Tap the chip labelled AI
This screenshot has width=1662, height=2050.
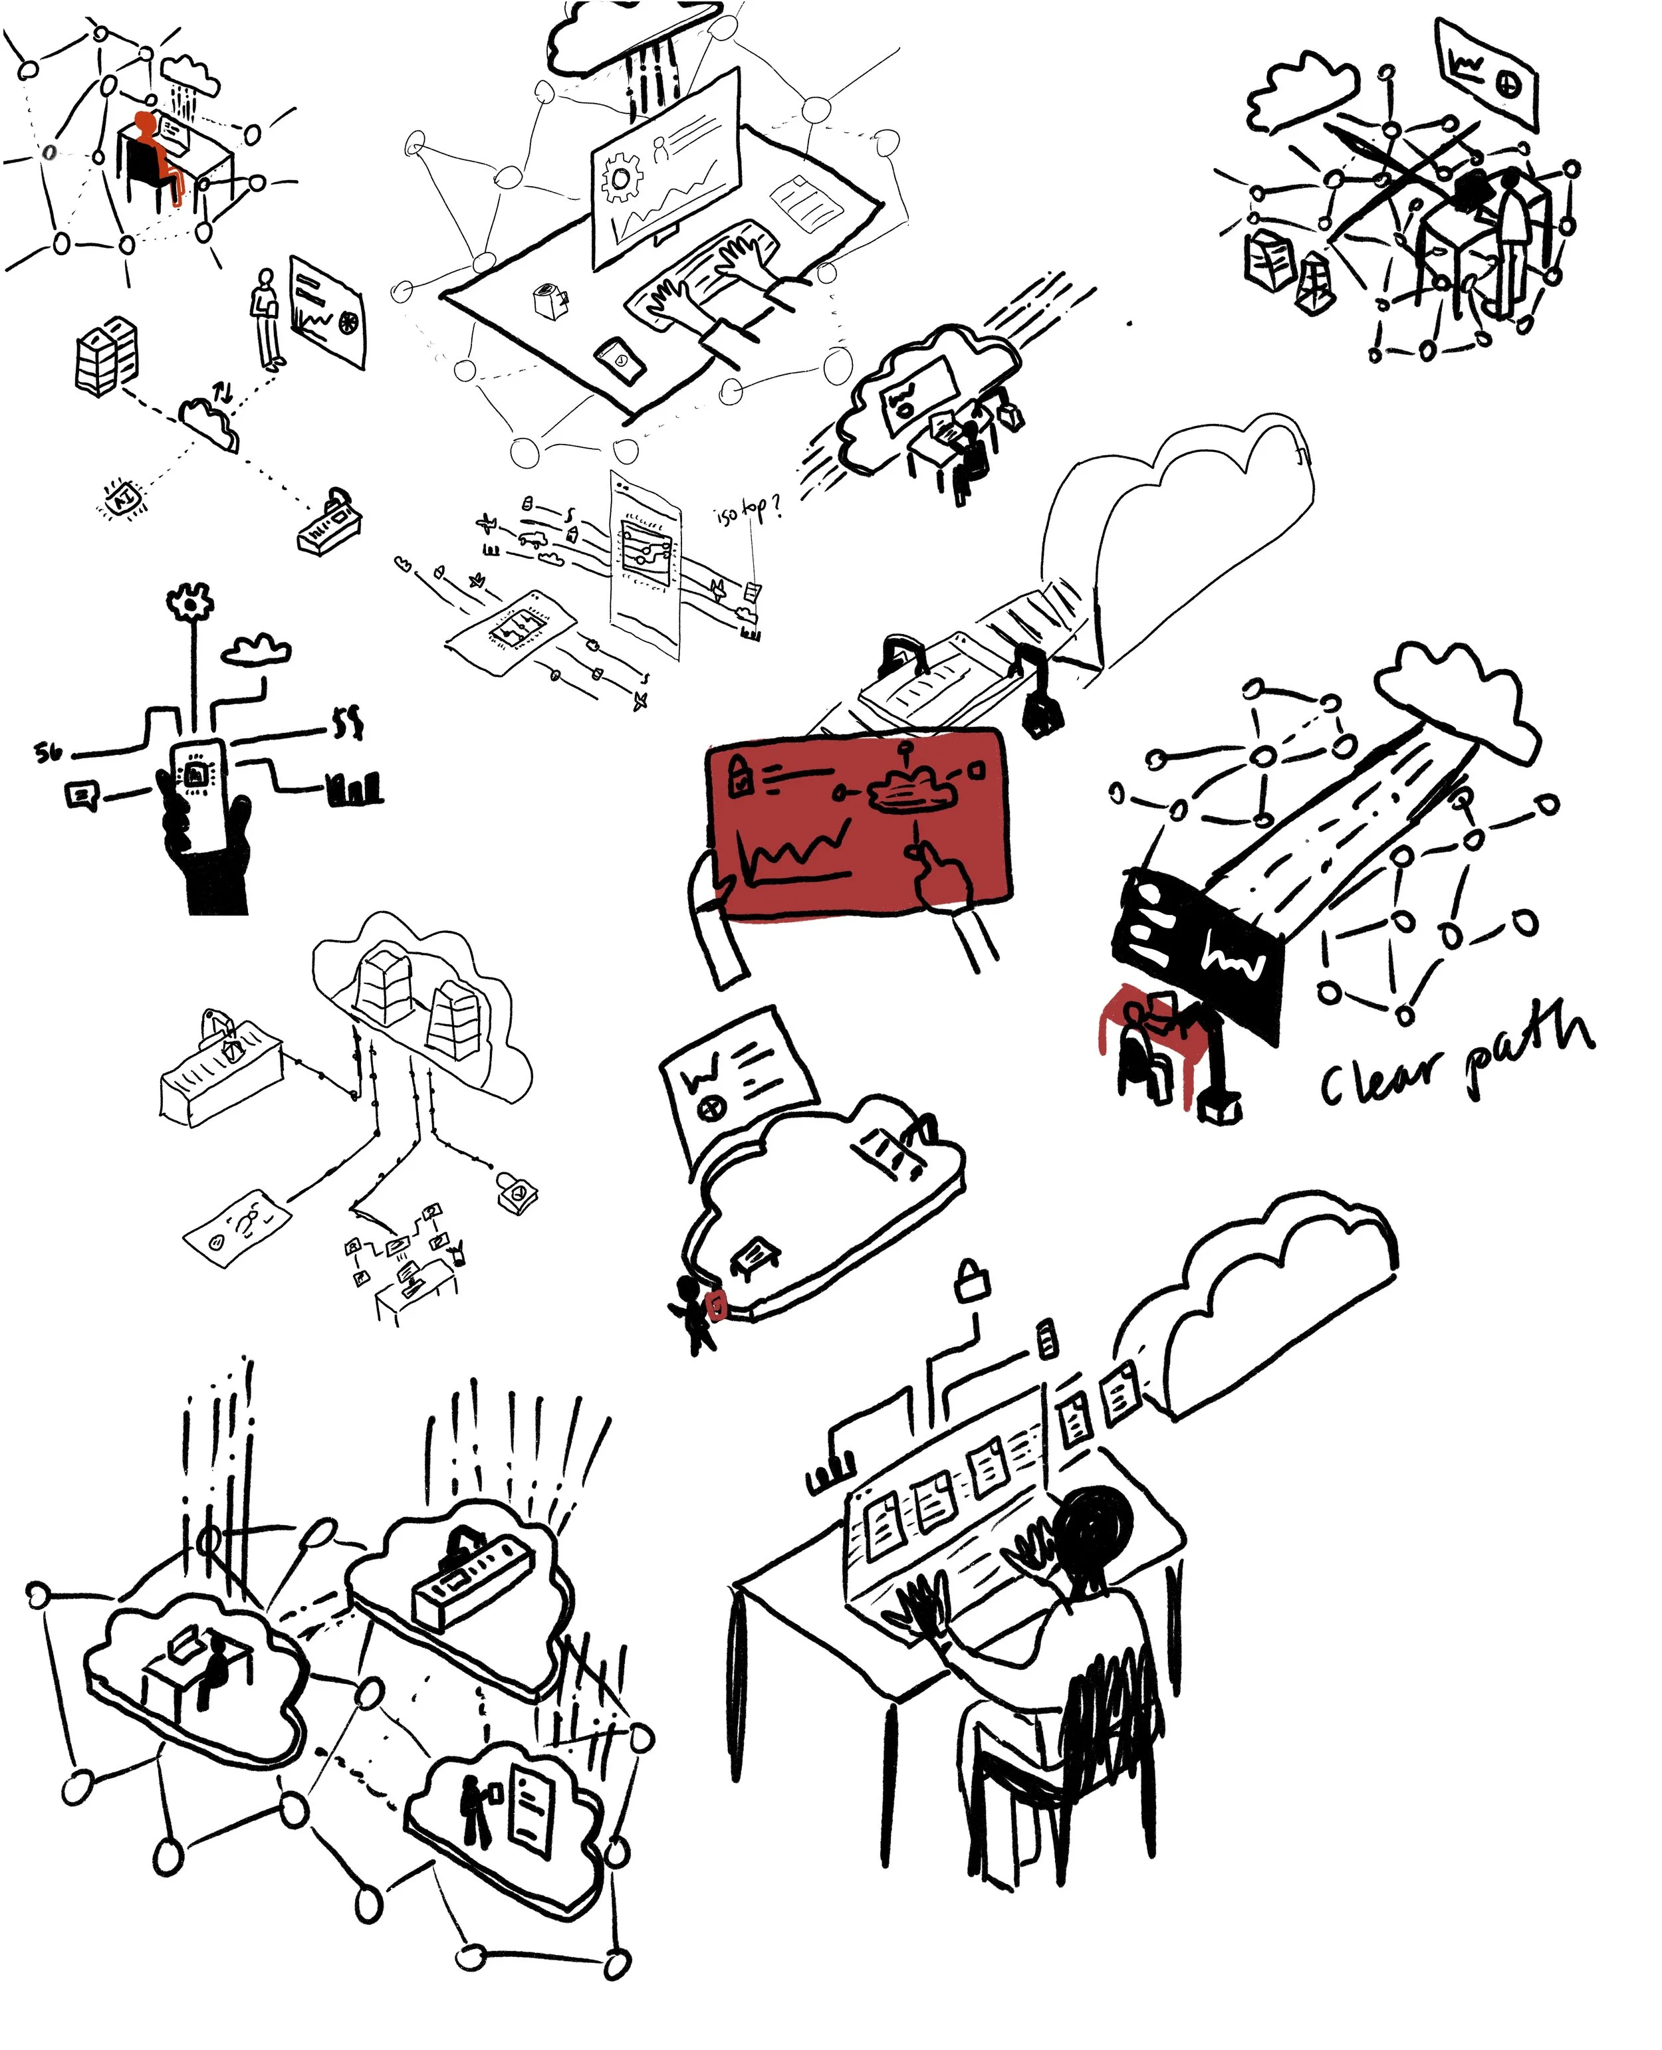122,498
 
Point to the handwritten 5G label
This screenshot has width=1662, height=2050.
48,752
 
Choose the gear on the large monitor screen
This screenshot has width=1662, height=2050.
620,179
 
